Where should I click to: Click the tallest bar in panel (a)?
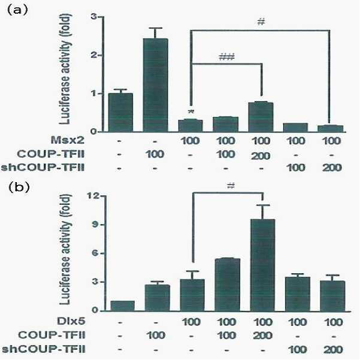[155, 85]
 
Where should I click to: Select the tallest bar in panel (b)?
[262, 265]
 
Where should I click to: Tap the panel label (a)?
[17, 10]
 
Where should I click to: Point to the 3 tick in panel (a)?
[94, 17]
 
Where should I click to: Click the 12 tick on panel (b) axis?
[93, 196]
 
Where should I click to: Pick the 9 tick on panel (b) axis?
[95, 225]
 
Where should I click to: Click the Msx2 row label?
[68, 140]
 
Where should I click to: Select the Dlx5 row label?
[71, 321]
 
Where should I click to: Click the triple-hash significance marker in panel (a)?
[227, 57]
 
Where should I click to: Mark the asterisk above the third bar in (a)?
[191, 112]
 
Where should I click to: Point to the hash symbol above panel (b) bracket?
[231, 186]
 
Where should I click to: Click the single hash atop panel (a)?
[261, 22]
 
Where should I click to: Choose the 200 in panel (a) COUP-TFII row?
[261, 156]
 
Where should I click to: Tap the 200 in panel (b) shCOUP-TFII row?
[333, 350]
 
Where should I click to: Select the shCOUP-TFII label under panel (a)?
[43, 168]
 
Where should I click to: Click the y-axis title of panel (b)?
[65, 250]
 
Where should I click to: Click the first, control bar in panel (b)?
[122, 306]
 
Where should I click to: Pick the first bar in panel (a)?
[120, 113]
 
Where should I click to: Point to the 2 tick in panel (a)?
[95, 55]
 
